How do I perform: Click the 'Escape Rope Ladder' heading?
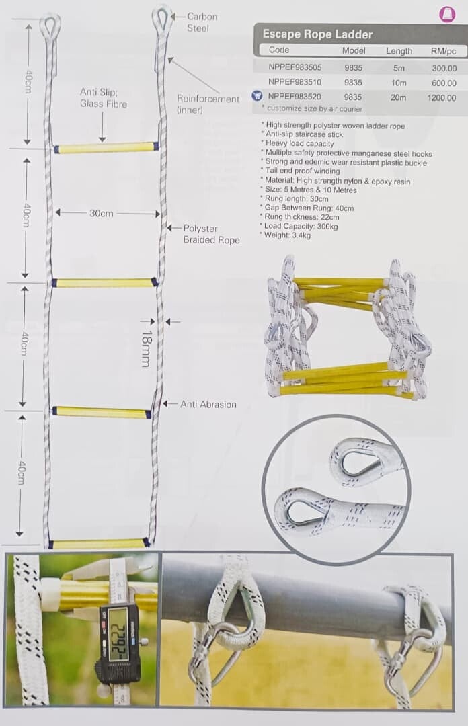[x=317, y=34]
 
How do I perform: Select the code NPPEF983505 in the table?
[x=295, y=67]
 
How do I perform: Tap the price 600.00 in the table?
[x=444, y=83]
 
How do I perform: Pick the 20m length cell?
[x=399, y=97]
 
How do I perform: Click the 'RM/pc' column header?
[x=443, y=51]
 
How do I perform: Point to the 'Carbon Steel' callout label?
[x=202, y=22]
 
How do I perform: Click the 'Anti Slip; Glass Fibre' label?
[x=104, y=98]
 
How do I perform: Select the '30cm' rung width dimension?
[x=102, y=214]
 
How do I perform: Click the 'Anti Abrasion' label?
[x=208, y=404]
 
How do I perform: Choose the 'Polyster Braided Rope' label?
[x=211, y=235]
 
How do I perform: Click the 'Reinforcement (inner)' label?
[x=208, y=104]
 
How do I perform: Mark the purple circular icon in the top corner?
[x=447, y=14]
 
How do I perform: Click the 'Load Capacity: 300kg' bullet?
[x=301, y=226]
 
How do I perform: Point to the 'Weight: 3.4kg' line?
[x=287, y=235]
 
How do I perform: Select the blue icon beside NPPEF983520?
[x=256, y=96]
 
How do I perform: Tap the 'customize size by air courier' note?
[x=315, y=108]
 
